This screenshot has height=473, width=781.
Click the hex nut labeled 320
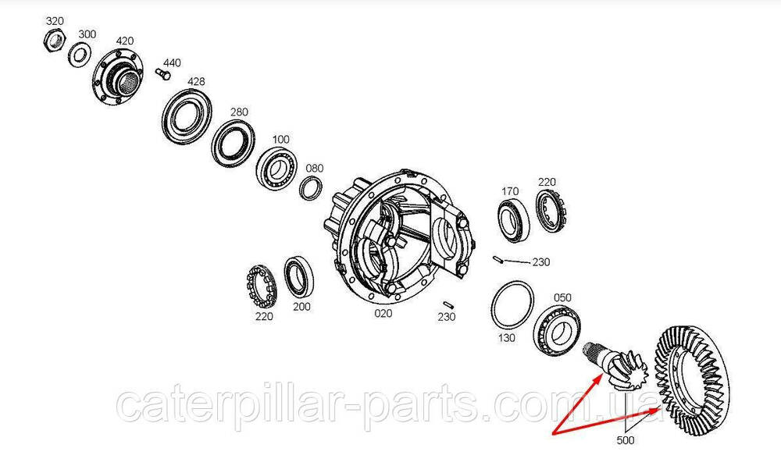pos(52,39)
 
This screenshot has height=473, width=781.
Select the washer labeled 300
pos(78,54)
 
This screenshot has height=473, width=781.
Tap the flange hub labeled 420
pos(118,76)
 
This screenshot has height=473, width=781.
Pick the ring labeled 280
pos(233,143)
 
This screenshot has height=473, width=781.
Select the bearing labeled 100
pos(277,167)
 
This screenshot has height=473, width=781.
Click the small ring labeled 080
pos(311,188)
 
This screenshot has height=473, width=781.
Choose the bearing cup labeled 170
pos(514,221)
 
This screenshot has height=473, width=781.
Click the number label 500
pos(626,440)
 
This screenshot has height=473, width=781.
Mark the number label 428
pos(196,81)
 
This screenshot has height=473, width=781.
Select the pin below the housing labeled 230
pos(447,304)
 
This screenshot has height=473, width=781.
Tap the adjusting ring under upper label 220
pos(552,211)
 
